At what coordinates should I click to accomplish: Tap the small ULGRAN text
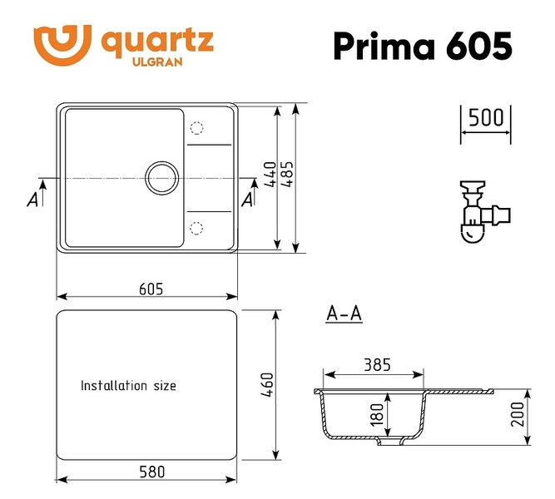(157, 62)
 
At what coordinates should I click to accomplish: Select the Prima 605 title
(423, 46)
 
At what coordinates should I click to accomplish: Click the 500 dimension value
(486, 118)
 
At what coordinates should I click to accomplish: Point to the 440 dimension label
(270, 174)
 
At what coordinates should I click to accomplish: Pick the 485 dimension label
(287, 174)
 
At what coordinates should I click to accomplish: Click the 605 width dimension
(151, 289)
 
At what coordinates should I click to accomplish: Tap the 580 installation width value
(151, 472)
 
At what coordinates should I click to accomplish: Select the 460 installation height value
(267, 384)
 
